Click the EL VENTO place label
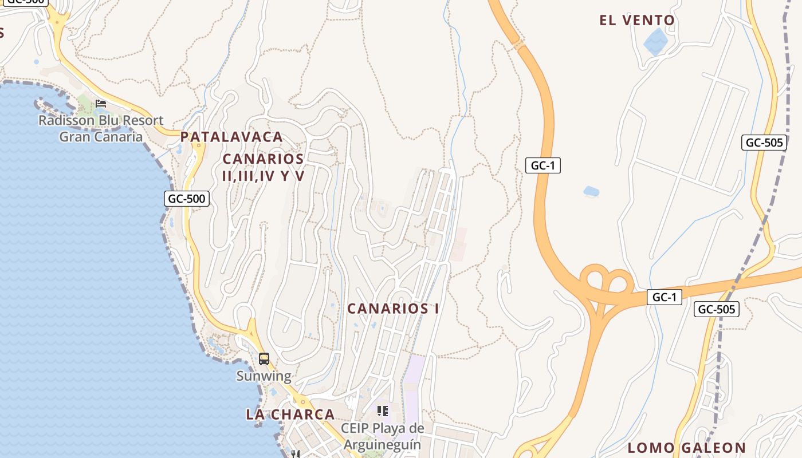637,21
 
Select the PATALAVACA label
231,137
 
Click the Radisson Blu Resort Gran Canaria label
101,129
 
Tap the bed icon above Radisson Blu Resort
101,104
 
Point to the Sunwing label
264,376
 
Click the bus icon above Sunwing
264,359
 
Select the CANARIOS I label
393,309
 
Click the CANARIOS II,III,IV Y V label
263,167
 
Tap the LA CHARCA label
290,414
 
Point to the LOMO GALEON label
686,448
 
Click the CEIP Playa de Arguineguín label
382,436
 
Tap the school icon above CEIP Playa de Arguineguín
382,411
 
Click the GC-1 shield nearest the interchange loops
664,297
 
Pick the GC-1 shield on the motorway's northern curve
542,165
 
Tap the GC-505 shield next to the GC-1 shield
716,310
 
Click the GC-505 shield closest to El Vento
764,143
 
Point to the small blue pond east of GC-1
591,191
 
